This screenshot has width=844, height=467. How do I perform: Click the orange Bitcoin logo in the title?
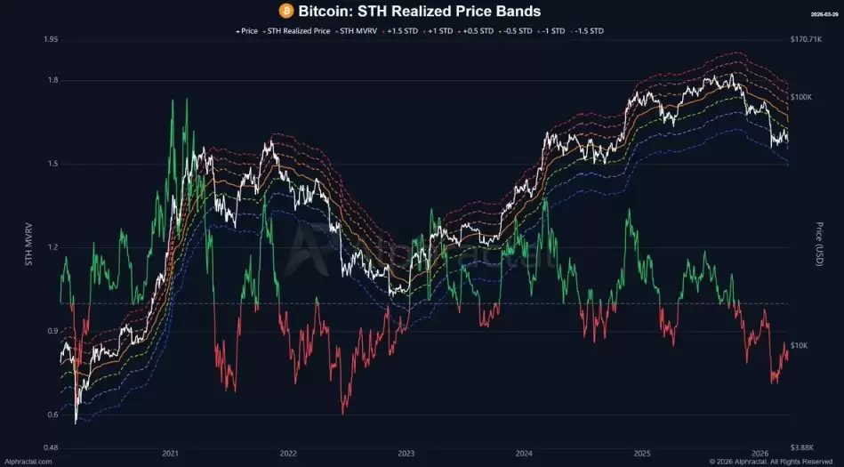coord(285,11)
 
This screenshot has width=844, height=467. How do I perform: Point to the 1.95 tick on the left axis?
coord(50,40)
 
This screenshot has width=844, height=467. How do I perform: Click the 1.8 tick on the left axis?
coord(52,81)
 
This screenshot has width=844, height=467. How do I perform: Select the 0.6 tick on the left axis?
coord(52,415)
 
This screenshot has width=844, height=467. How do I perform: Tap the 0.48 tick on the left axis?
coord(50,447)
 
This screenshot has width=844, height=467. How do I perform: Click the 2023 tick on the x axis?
coord(406,454)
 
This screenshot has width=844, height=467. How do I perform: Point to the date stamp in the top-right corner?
coord(823,15)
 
